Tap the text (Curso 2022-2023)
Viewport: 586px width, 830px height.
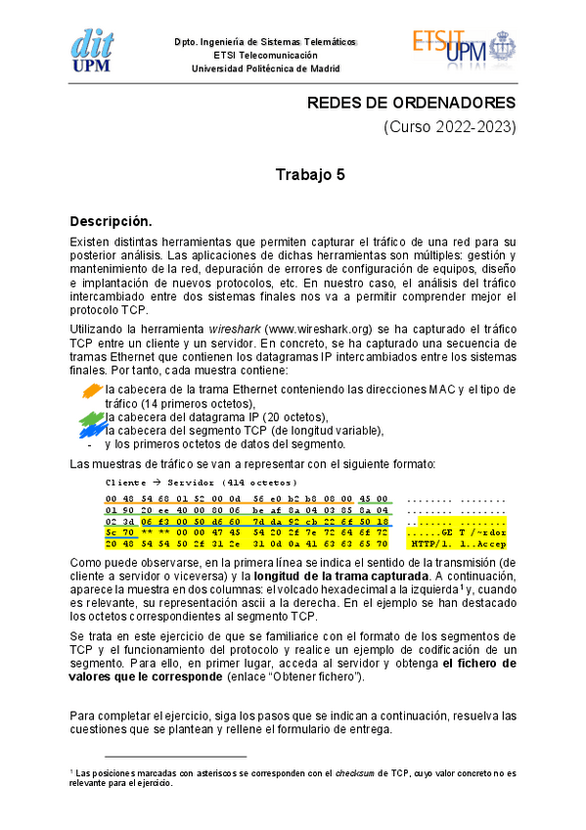point(449,127)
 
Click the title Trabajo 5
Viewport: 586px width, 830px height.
point(309,175)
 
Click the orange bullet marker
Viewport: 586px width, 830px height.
point(91,391)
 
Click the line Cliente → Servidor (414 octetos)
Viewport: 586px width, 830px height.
point(201,483)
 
